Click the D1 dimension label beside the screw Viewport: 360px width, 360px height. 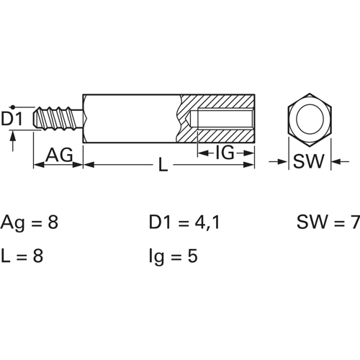[x=12, y=119]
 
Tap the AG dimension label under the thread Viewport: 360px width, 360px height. [x=59, y=155]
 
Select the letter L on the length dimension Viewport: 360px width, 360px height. [x=163, y=164]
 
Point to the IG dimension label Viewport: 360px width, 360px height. [x=225, y=153]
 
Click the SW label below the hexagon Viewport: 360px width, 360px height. [x=309, y=161]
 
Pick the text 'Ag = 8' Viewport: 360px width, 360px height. [x=30, y=222]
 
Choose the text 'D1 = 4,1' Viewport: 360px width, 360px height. [x=184, y=222]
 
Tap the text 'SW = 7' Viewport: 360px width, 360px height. [x=328, y=222]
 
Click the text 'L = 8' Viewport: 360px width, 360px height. [x=22, y=256]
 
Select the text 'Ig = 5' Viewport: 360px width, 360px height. [x=173, y=257]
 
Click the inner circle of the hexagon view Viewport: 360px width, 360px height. [x=310, y=120]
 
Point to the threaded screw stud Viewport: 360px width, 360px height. [x=58, y=119]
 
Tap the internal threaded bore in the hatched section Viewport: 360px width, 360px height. [x=225, y=120]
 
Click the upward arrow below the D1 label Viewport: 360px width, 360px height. [x=13, y=142]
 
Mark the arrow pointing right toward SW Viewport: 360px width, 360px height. [x=278, y=161]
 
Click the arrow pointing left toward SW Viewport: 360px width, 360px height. [x=341, y=161]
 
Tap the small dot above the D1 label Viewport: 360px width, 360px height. [x=13, y=107]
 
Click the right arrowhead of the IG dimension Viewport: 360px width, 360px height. [x=248, y=153]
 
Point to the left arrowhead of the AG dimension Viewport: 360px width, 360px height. [x=39, y=165]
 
